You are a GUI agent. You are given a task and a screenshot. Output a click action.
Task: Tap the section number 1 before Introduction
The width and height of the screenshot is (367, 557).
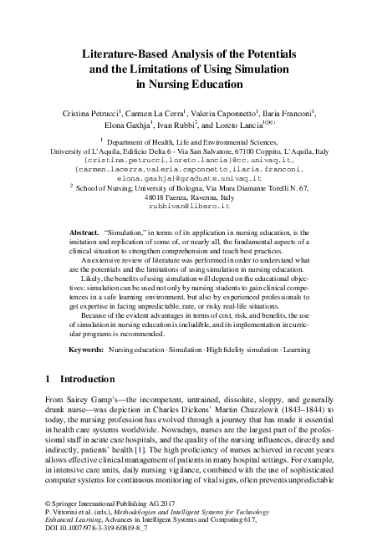click(x=47, y=356)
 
